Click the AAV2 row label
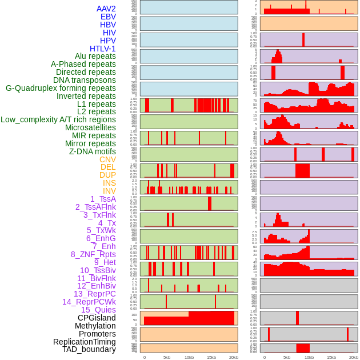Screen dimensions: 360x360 coord(106,9)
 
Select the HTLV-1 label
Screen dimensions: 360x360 coord(103,49)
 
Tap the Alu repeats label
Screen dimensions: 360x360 coord(95,56)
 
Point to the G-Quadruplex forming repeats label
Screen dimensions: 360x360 coord(61,88)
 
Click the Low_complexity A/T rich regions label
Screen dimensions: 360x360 coord(58,119)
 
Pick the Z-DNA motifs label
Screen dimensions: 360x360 coord(93,151)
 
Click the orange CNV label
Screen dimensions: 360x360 coord(107,159)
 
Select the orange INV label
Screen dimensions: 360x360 coord(109,191)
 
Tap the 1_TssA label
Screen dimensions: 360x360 coord(103,199)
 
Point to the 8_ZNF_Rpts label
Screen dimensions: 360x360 coord(93,254)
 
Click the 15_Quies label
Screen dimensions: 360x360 coord(98,310)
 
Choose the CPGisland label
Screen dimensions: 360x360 coord(97,318)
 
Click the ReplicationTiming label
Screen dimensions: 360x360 coord(85,342)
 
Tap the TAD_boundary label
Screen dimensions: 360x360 coord(89,349)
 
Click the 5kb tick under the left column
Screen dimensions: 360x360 coord(167,357)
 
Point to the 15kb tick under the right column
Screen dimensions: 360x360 coord(331,357)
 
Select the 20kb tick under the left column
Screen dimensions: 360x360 coord(234,357)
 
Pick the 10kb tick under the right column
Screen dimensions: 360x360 coord(309,357)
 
